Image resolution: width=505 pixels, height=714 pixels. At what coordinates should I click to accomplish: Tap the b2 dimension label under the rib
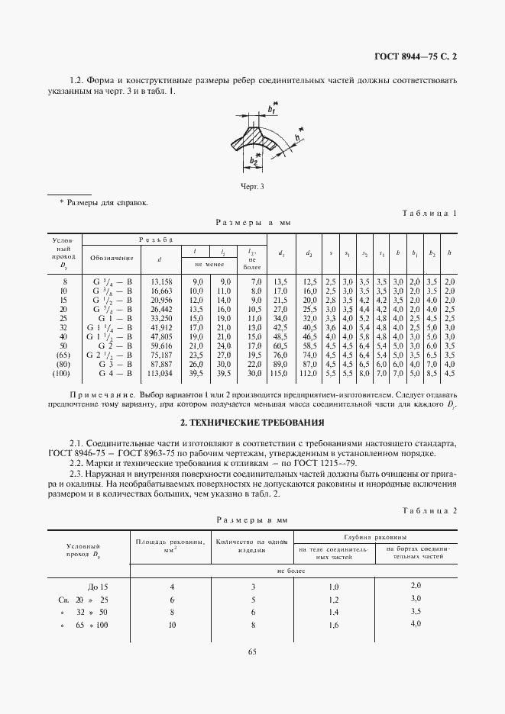[253, 159]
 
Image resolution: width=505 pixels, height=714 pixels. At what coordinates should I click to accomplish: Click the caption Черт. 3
[251, 185]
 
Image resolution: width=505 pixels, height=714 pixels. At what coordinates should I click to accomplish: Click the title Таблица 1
[429, 214]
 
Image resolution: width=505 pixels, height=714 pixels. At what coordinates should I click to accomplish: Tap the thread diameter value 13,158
[160, 281]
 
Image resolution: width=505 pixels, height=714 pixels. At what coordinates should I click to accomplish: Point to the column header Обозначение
[111, 258]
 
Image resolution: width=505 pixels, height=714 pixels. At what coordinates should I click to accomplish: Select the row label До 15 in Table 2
[99, 587]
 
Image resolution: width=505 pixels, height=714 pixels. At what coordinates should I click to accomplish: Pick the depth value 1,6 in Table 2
[332, 626]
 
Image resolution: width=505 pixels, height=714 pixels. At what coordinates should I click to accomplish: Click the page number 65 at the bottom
[252, 651]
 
